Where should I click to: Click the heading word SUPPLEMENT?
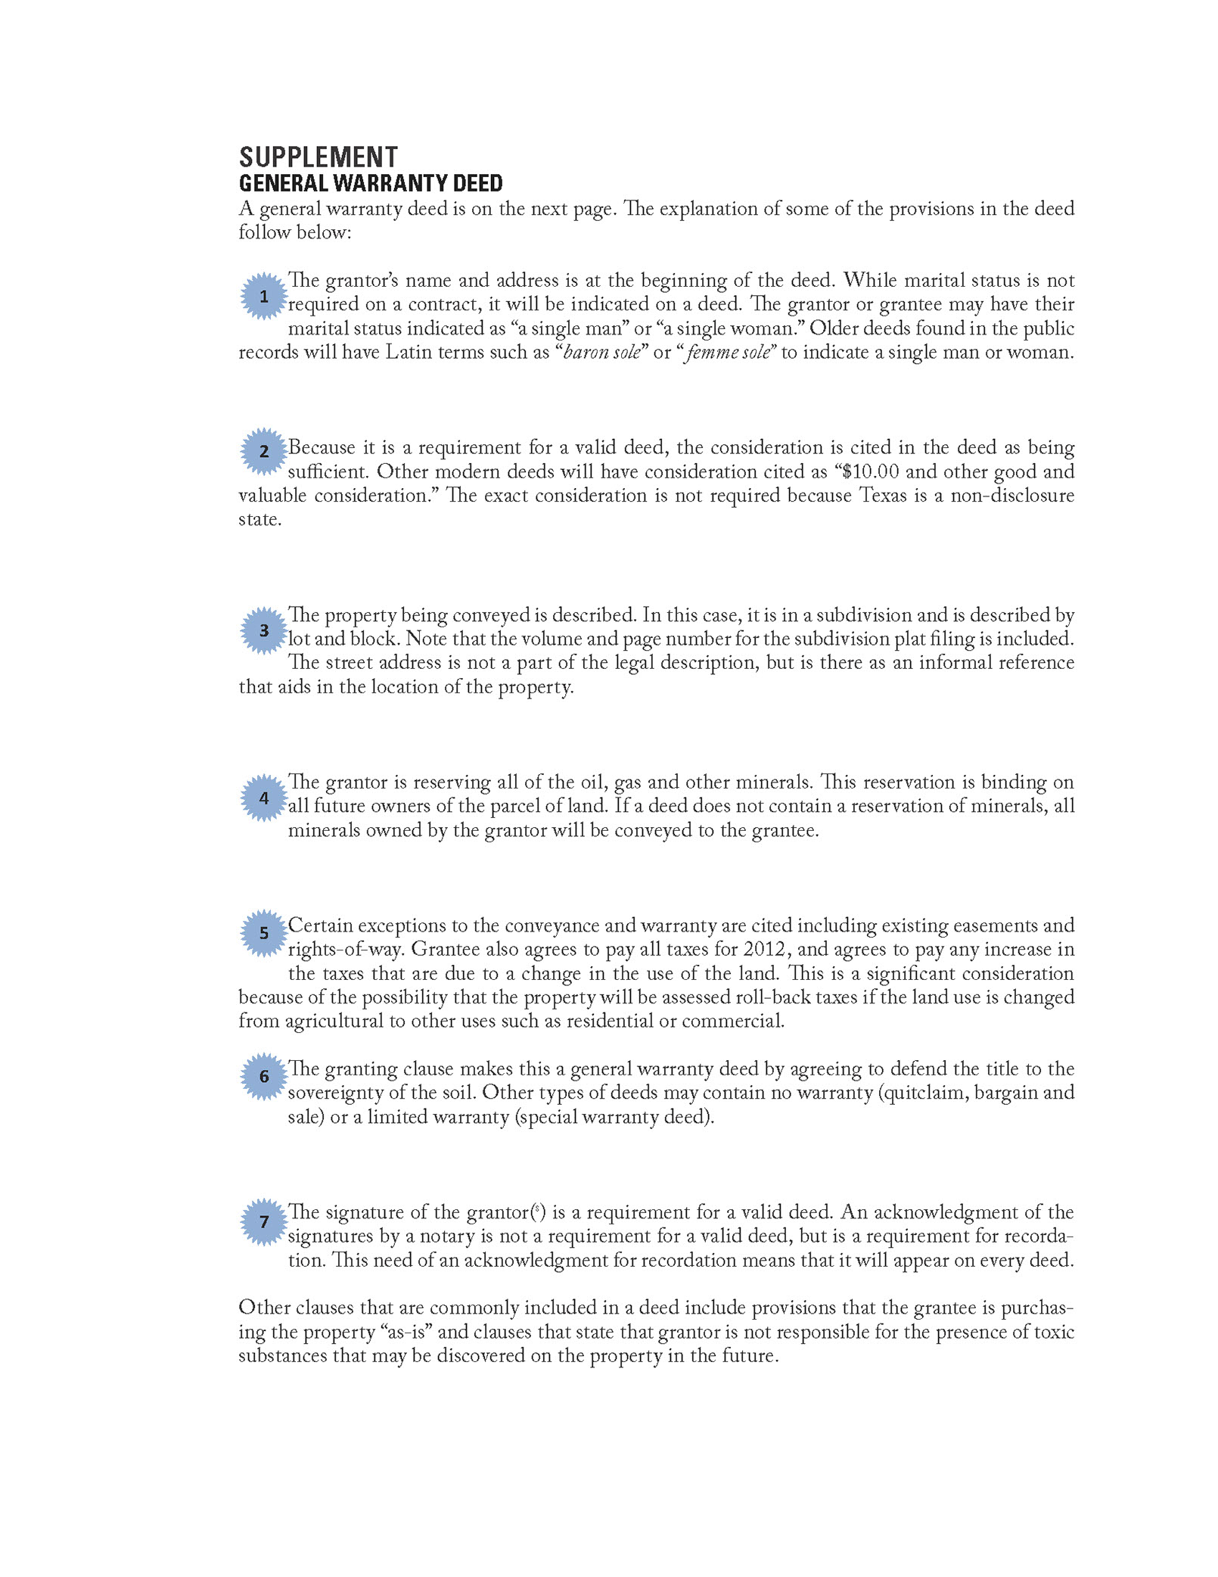[x=318, y=157]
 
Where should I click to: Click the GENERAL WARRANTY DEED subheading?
[x=371, y=183]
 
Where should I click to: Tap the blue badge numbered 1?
[x=264, y=296]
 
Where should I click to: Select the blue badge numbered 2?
[x=264, y=452]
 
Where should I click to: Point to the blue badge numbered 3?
[x=264, y=630]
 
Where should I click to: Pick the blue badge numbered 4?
[x=264, y=798]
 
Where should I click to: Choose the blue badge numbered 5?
[x=264, y=933]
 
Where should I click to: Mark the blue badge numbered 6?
[x=264, y=1076]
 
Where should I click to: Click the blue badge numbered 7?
[x=264, y=1221]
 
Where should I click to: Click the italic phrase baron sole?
[x=602, y=353]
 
